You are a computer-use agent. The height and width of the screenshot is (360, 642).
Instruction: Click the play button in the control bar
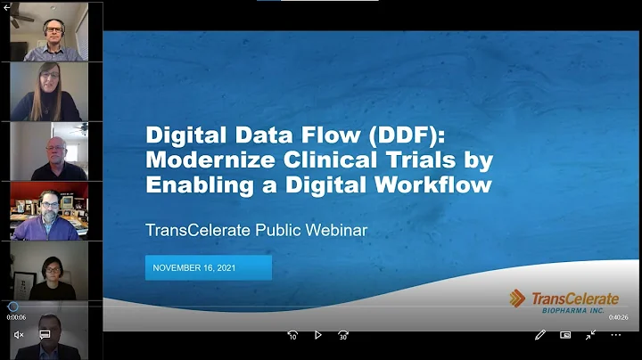[x=318, y=335]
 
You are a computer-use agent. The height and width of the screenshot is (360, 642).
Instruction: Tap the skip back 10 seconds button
[x=292, y=335]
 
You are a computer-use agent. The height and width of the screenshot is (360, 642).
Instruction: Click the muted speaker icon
[x=19, y=335]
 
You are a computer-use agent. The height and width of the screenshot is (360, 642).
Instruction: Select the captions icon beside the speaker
[x=45, y=335]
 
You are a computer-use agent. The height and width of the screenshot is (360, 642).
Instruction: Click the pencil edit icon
[x=540, y=335]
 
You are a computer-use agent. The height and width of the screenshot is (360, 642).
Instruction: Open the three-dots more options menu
[x=615, y=335]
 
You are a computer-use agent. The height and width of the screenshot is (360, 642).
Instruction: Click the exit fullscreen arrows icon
[x=590, y=335]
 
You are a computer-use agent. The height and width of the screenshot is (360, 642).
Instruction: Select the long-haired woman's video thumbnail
[x=49, y=92]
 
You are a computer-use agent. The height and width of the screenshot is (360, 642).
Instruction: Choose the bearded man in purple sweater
[x=49, y=211]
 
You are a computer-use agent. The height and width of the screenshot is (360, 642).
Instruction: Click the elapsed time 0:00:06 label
[x=16, y=317]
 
